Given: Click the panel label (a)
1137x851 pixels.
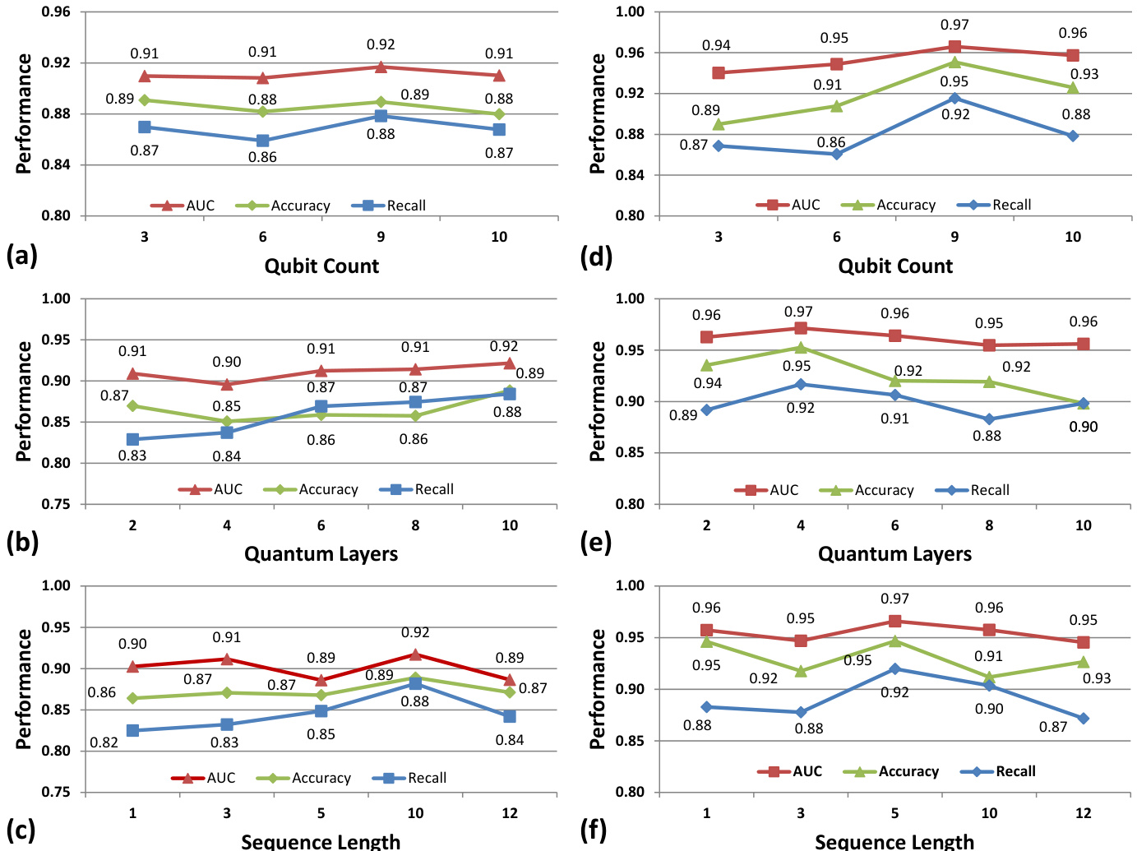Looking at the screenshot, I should coord(21,256).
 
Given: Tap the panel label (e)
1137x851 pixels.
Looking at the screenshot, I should coord(595,543).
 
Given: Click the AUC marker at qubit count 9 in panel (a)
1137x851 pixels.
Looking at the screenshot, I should coord(381,67).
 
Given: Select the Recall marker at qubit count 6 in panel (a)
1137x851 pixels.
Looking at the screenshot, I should coord(262,141).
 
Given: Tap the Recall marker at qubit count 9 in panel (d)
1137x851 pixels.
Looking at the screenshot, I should coord(954,99).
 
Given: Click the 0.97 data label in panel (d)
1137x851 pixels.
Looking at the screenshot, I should coord(954,25).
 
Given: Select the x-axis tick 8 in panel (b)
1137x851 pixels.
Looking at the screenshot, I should coord(415,525).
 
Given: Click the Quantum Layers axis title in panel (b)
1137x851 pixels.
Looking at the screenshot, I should coord(321,554).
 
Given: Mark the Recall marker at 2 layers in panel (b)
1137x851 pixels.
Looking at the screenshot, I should coord(132,439).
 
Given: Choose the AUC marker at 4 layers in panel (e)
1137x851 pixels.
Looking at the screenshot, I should coord(801,328).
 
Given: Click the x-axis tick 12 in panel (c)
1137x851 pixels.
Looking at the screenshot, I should coord(510,813).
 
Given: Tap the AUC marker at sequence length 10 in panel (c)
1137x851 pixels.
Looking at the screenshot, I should coord(415,654).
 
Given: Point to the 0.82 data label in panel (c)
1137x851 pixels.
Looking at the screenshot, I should coord(104,742).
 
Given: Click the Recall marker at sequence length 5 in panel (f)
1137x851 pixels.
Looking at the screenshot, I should coord(894,669).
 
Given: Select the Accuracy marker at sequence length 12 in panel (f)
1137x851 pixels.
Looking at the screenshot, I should coord(1083,662).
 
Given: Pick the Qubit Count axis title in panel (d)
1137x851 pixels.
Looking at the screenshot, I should coord(895,266).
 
